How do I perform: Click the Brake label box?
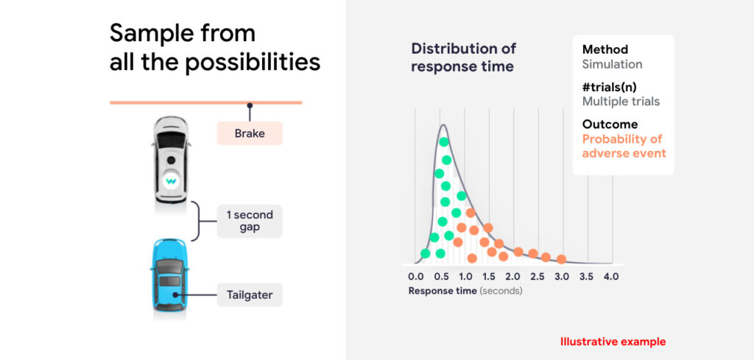tap(250, 133)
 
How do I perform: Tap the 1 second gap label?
tap(250, 221)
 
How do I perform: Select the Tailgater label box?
tap(250, 294)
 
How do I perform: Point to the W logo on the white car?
tap(170, 182)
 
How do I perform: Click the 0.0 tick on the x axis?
tap(415, 277)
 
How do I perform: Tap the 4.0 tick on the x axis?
tap(612, 277)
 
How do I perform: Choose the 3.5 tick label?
tap(587, 277)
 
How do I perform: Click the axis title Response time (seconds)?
tap(465, 291)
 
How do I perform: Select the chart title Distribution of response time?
tap(464, 57)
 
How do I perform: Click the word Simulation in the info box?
tap(612, 64)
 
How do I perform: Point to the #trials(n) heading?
tap(613, 88)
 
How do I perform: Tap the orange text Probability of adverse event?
tap(624, 146)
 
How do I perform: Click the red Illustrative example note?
tap(613, 342)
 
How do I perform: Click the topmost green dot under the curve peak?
tap(444, 142)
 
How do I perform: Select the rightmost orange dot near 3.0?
tap(561, 260)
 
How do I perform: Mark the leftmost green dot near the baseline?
tap(425, 253)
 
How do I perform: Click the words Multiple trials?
tap(621, 102)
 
